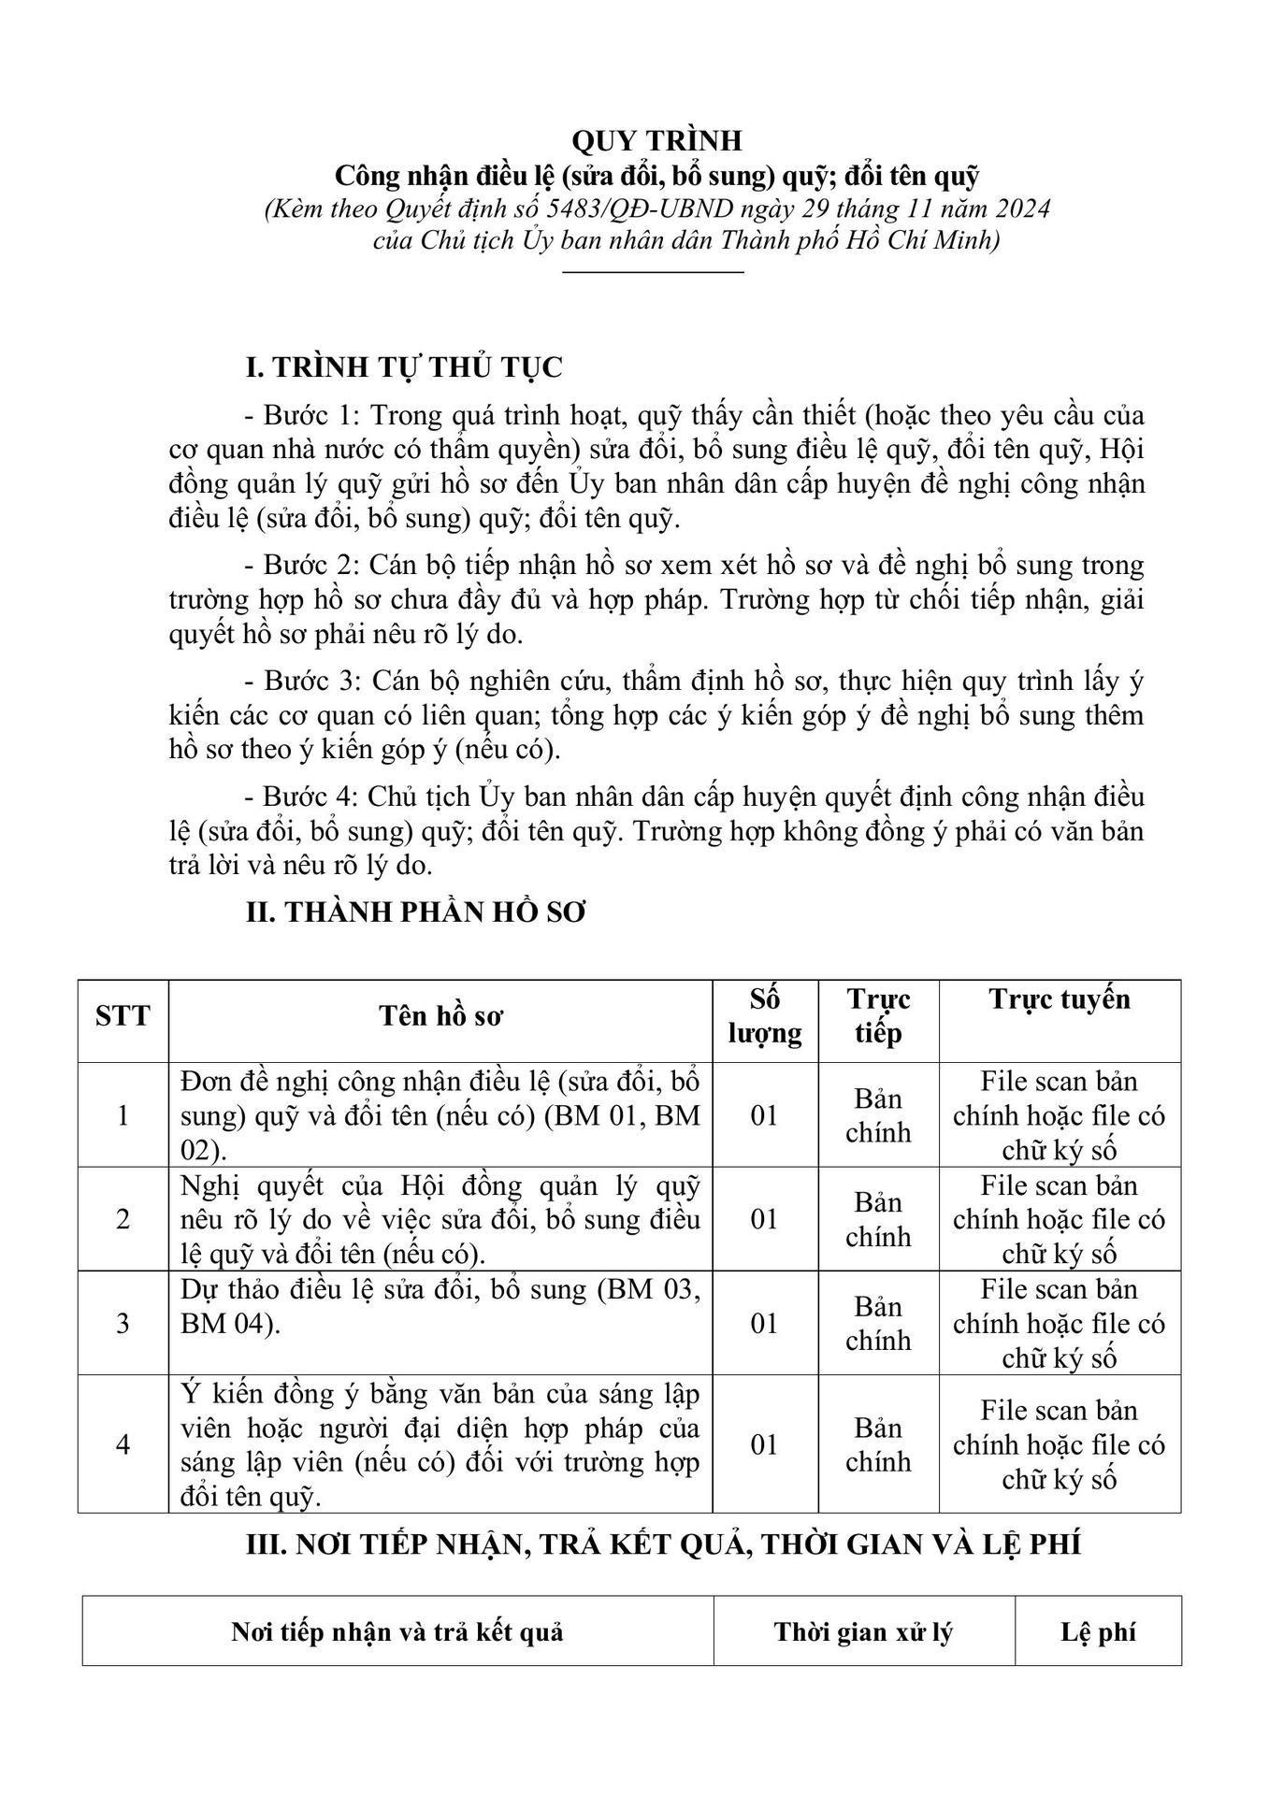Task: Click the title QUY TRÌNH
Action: point(656,140)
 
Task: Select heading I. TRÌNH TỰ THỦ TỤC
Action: point(404,367)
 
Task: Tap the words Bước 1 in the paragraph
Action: point(300,415)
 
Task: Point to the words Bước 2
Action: point(300,566)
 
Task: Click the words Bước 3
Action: point(300,682)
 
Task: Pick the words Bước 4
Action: point(300,797)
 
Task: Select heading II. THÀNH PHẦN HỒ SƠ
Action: point(416,912)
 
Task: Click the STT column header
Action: point(123,1016)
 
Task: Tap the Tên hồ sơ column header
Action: point(441,1016)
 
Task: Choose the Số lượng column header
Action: point(765,1016)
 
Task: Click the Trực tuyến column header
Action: point(1060,999)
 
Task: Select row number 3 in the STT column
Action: point(123,1324)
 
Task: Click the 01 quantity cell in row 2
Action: point(765,1219)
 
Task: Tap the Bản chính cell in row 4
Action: point(878,1444)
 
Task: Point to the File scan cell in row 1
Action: point(1060,1115)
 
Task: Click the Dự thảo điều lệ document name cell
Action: point(440,1307)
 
